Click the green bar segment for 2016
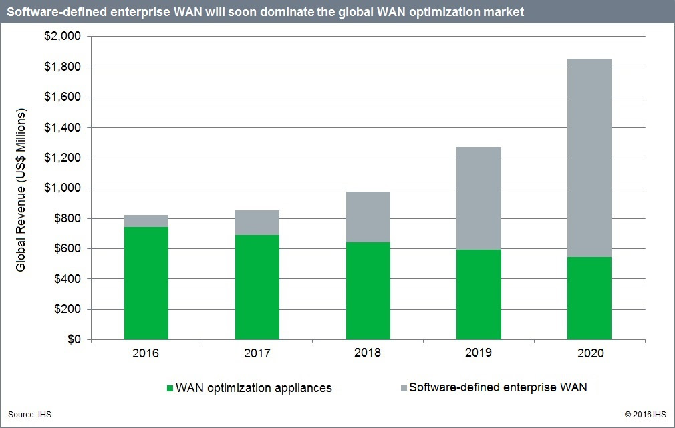click(146, 283)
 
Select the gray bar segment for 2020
click(589, 158)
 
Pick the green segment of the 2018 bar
click(368, 290)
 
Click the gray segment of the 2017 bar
click(257, 222)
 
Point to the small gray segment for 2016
click(146, 221)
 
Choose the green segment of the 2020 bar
click(589, 298)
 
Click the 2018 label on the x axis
click(368, 352)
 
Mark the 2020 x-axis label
click(589, 352)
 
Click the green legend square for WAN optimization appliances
click(170, 387)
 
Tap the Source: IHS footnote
click(29, 415)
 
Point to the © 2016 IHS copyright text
click(644, 415)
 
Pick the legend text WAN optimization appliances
click(253, 387)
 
